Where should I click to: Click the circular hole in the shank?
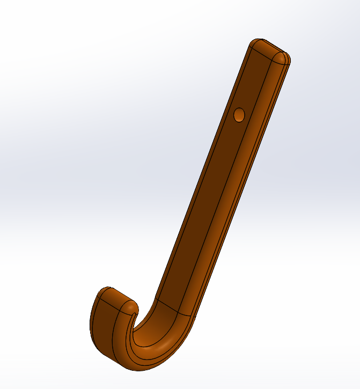239,114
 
